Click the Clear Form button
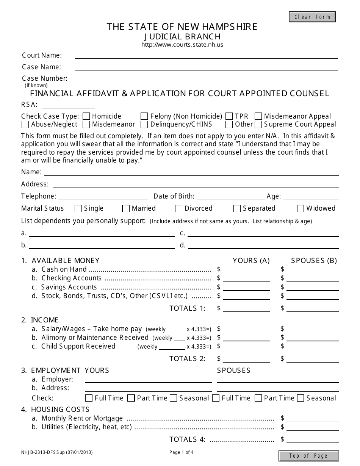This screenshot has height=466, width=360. (312, 17)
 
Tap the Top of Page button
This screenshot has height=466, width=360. (308, 456)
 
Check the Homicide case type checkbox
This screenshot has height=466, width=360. (86, 116)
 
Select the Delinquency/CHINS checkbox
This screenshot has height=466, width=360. (144, 124)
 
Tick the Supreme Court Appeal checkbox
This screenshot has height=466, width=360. (258, 124)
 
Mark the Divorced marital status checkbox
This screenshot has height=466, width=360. (179, 208)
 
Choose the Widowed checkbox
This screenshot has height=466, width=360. (301, 208)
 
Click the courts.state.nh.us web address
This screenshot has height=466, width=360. (182, 45)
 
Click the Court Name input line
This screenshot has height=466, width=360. (206, 56)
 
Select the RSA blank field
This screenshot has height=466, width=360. (68, 105)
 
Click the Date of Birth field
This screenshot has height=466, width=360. (231, 196)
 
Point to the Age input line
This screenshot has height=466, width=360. (310, 196)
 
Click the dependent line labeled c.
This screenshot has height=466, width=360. (263, 233)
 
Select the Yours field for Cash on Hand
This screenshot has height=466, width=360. (247, 269)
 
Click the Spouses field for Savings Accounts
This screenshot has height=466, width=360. (312, 287)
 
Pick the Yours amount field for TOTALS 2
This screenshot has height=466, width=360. (247, 358)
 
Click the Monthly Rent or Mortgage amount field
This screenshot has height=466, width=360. (312, 418)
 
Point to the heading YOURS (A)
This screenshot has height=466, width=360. (251, 260)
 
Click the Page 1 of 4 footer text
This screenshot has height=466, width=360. (181, 452)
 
